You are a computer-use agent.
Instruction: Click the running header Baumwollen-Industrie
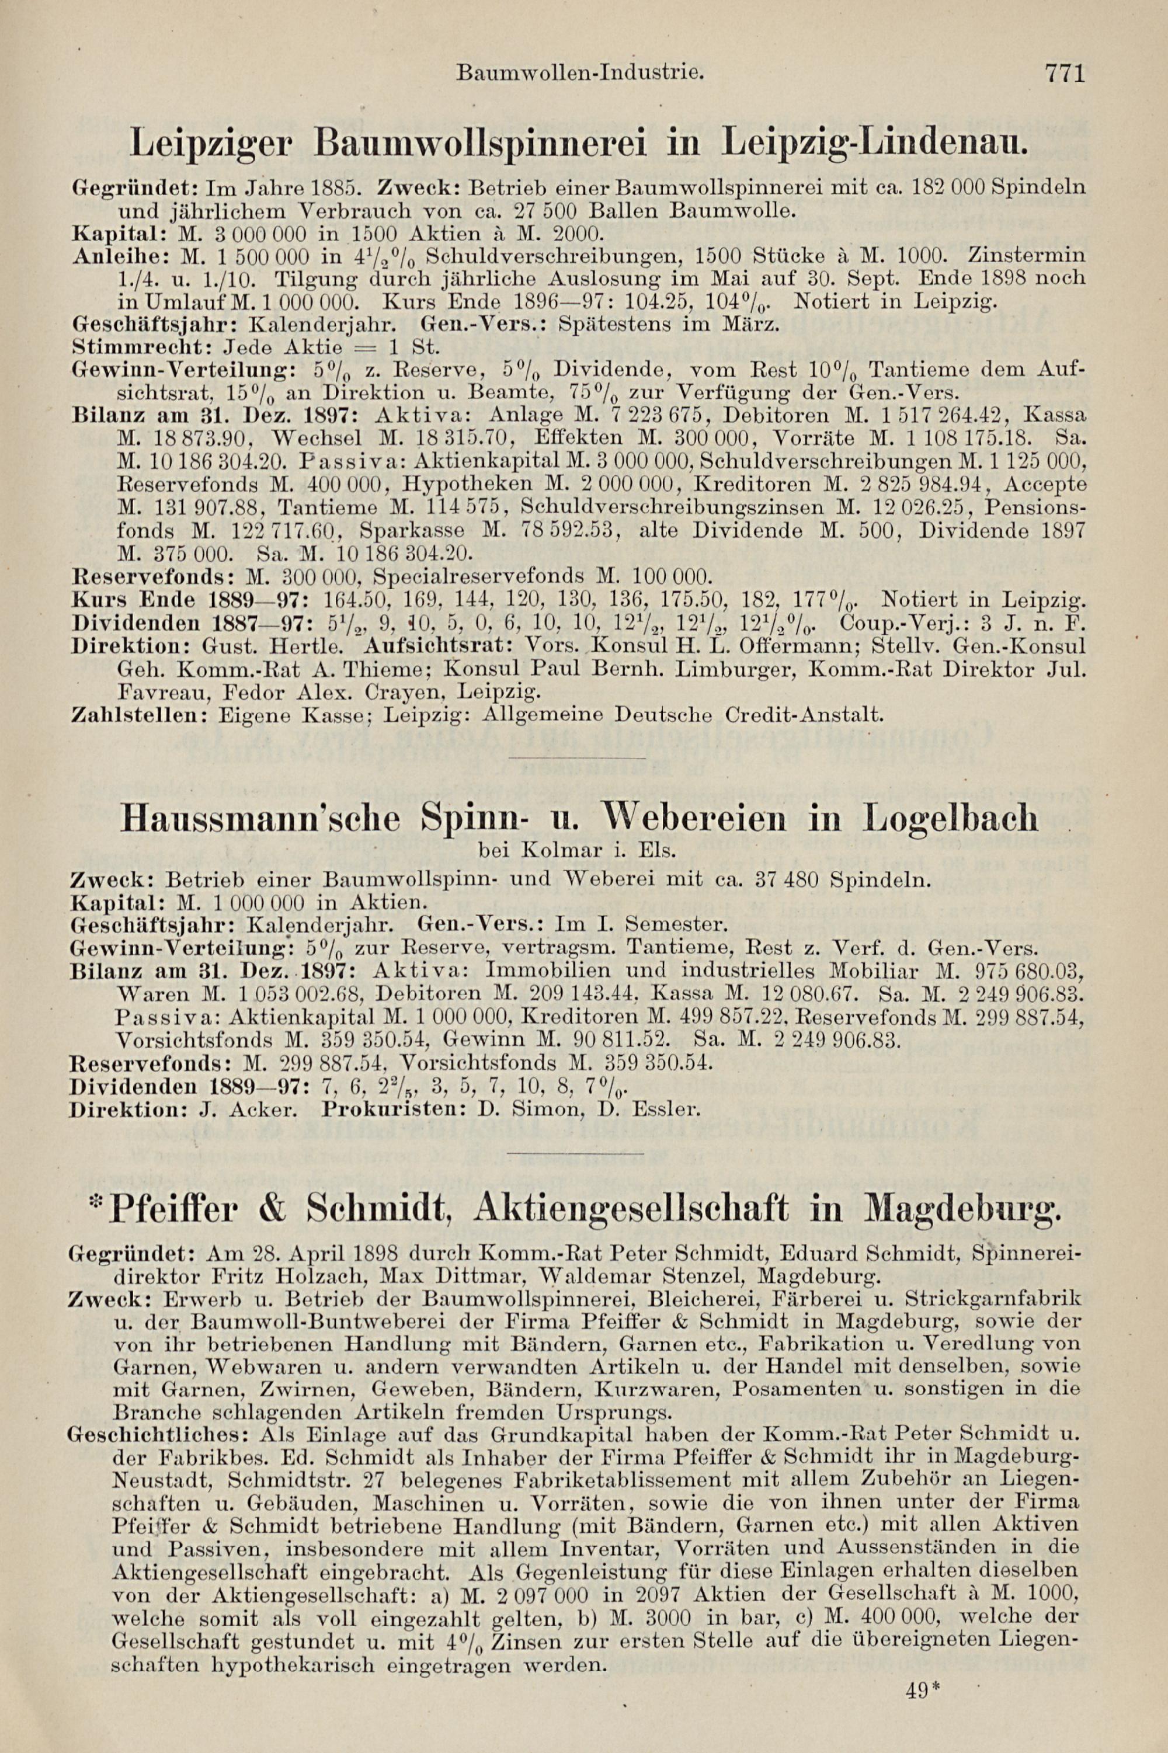[x=579, y=74]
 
